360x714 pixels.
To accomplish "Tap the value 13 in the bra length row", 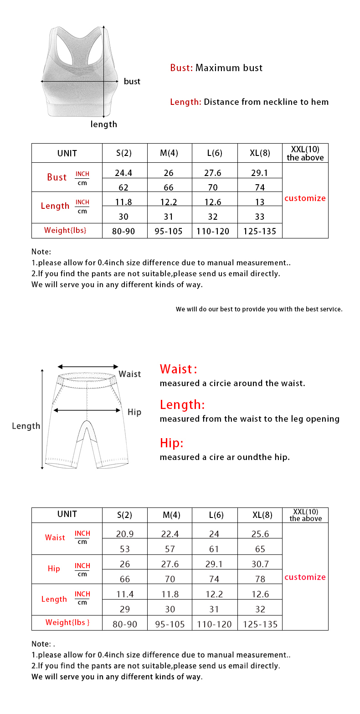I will point(260,202).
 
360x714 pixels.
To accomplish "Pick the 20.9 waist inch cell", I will point(125,534).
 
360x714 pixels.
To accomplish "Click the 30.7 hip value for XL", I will point(260,564).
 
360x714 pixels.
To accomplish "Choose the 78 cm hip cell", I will point(260,579).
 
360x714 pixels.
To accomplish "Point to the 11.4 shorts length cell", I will point(125,594).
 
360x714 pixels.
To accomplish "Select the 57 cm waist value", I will point(170,549).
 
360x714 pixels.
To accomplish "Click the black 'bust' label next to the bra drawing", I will point(132,82).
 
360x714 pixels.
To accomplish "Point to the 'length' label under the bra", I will point(103,124).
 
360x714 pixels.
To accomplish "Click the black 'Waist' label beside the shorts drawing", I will point(130,374).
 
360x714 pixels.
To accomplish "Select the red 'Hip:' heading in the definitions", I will point(171,443).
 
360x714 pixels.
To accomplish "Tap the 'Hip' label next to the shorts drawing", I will point(134,412).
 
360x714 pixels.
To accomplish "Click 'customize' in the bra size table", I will point(305,198).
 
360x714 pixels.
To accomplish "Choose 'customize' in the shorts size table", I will point(305,577).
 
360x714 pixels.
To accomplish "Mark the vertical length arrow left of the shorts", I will point(42,419).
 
